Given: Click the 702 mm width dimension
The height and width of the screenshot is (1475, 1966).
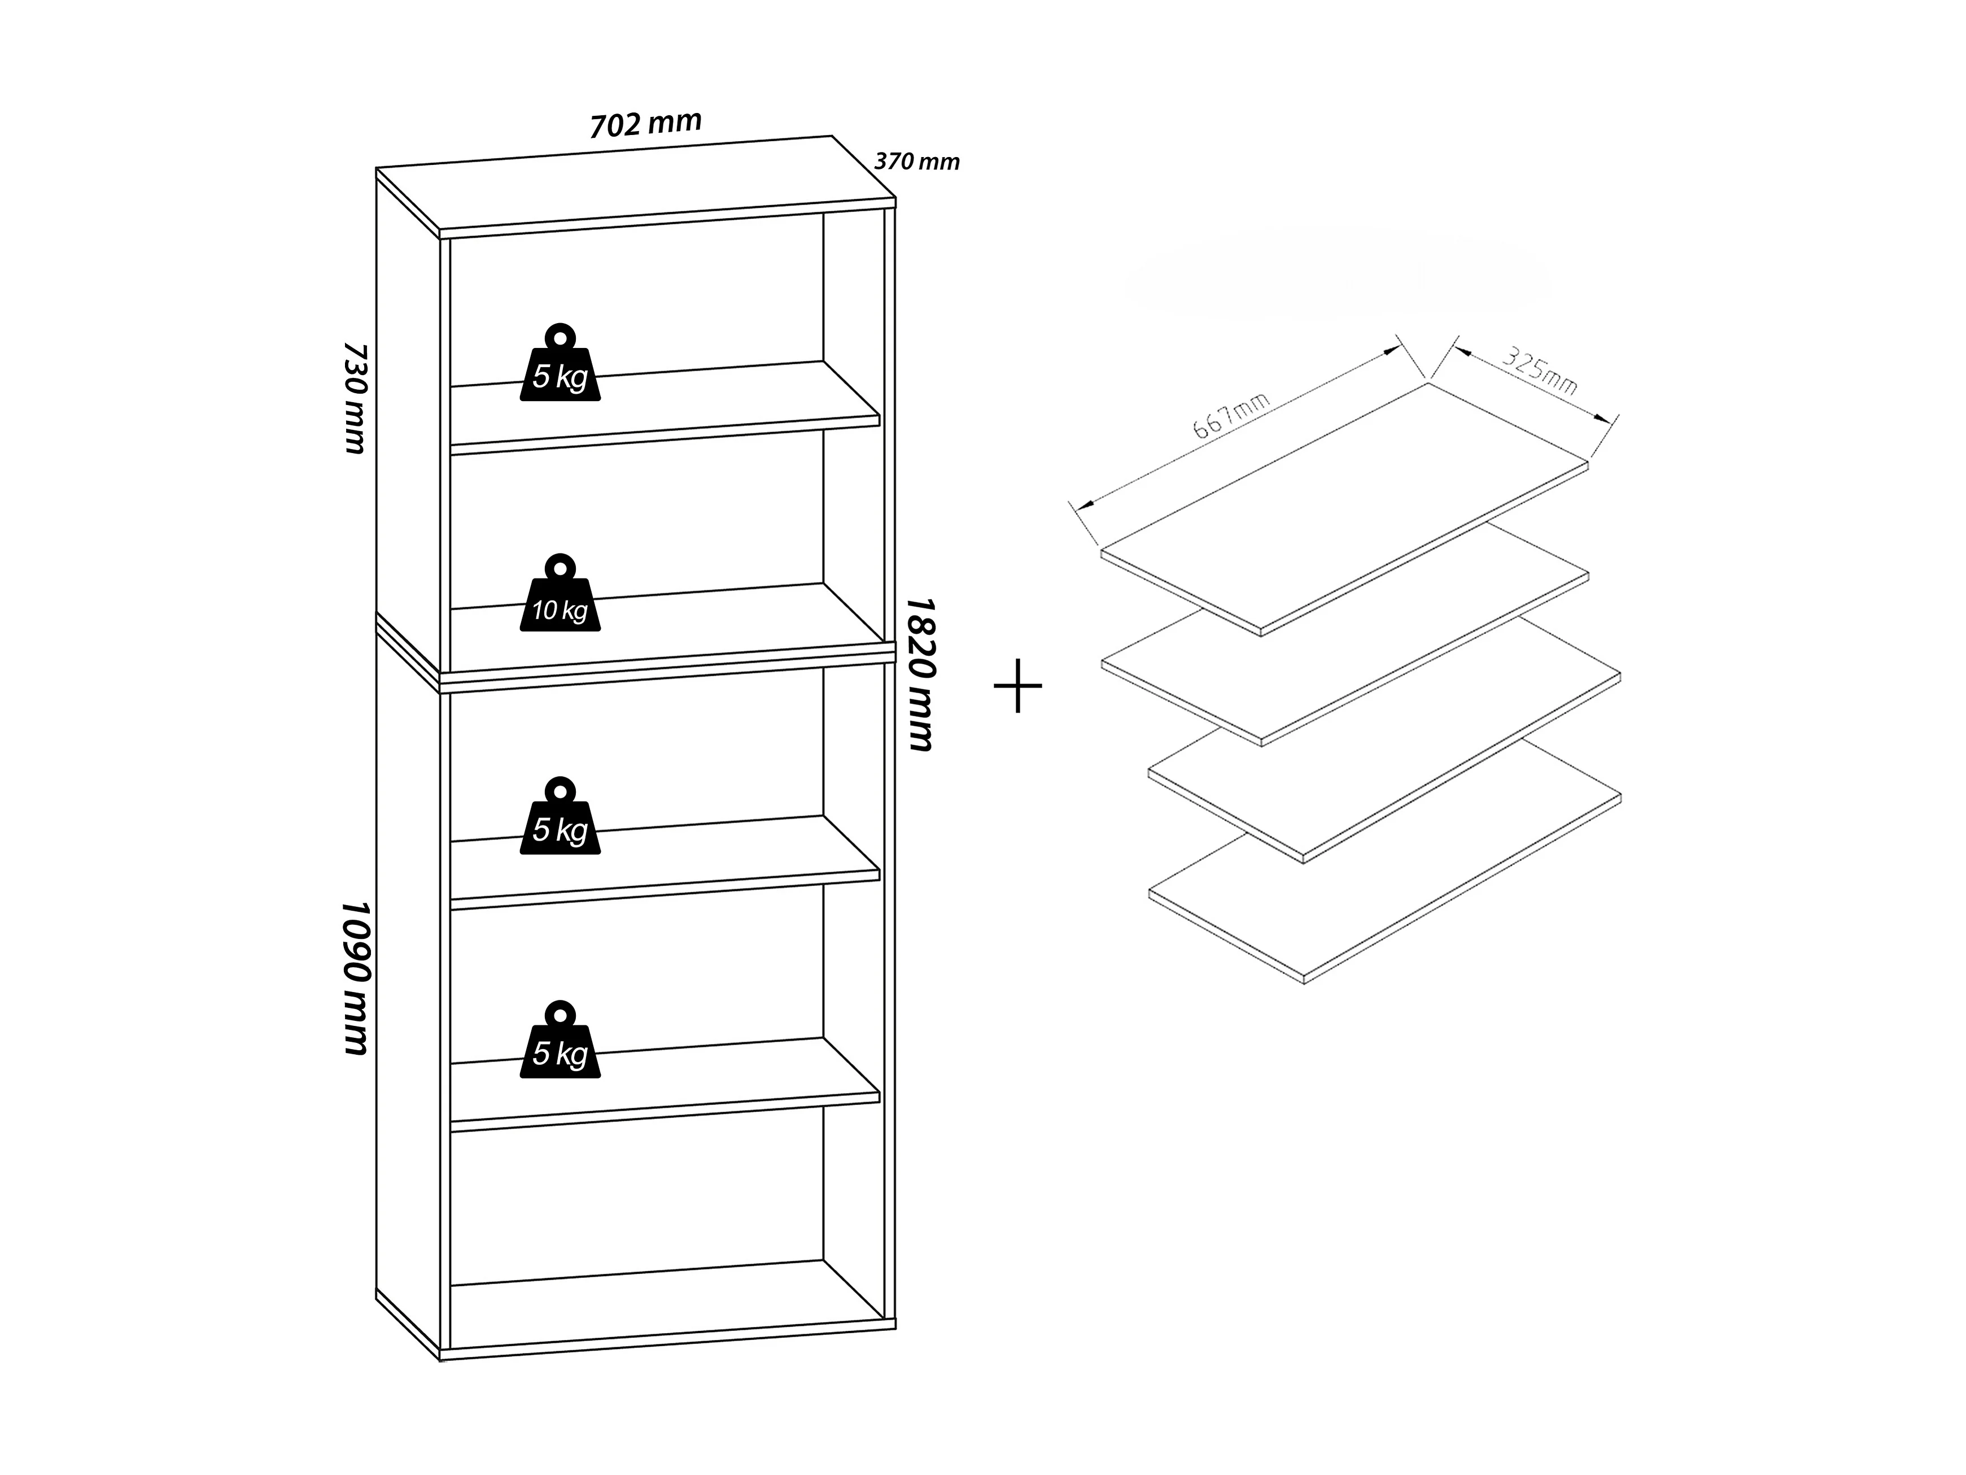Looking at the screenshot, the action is tap(646, 124).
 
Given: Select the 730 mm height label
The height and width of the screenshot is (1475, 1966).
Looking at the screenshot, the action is tap(355, 398).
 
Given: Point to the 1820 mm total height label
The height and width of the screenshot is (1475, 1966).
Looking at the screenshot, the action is tap(919, 674).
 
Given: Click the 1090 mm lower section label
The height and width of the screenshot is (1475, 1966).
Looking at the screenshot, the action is tap(355, 978).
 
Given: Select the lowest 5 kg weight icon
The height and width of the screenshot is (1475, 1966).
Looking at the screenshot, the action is tap(560, 1047).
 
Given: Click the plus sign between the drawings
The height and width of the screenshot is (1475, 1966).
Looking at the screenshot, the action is tap(1017, 685).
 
